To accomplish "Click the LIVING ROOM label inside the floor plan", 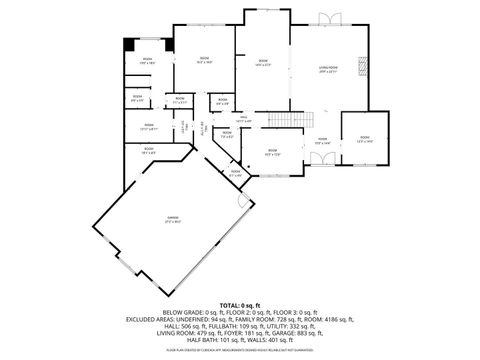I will pyautogui.click(x=327, y=68).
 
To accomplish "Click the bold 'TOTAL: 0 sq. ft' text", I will pyautogui.click(x=240, y=304).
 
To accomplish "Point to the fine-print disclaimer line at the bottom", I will pyautogui.click(x=240, y=351).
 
